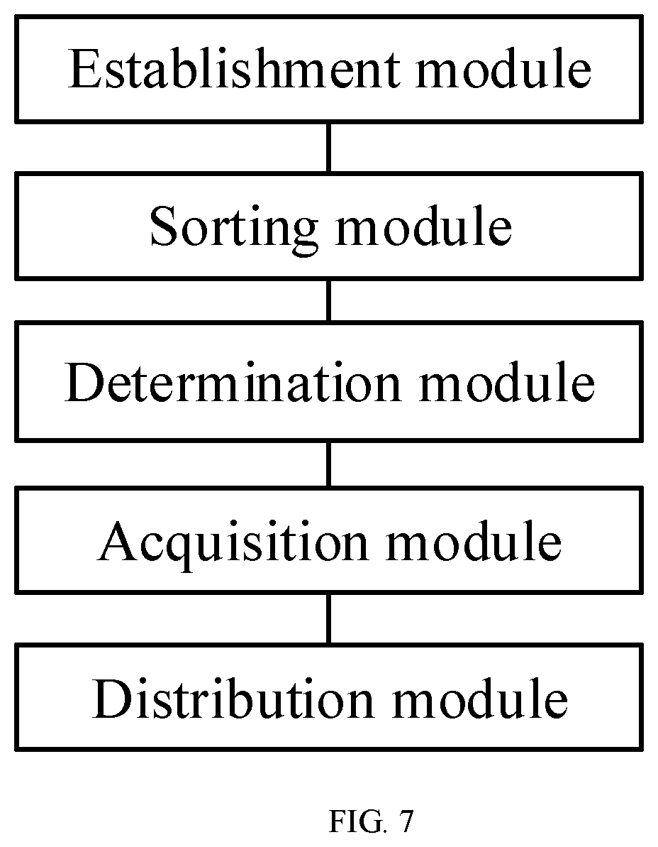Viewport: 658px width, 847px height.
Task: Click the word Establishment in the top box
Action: coord(235,69)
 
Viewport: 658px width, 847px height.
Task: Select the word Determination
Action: coord(233,383)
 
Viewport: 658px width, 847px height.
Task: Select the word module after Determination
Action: coord(507,383)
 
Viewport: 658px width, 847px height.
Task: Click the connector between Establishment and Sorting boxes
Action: coord(329,148)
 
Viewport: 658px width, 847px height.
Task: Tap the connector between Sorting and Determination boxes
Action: coord(329,300)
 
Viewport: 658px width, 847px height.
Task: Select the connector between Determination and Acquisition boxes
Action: coord(329,464)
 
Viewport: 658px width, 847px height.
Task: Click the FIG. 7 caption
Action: coord(371,821)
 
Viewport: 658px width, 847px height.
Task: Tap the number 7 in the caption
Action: coord(406,821)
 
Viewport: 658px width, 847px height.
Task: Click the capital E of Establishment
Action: coord(84,69)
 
